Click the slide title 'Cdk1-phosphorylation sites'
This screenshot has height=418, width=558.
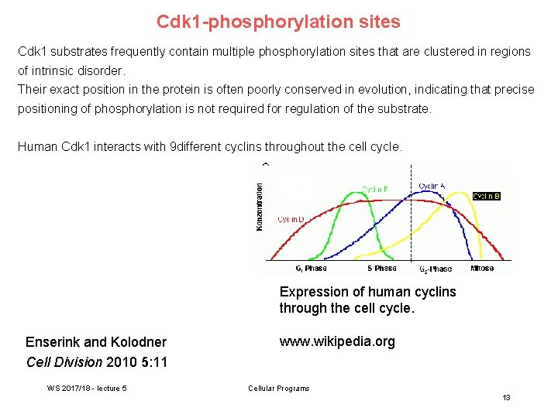coord(278,22)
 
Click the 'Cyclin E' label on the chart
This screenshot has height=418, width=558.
coord(375,190)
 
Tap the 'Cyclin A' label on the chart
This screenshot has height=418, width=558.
coord(432,186)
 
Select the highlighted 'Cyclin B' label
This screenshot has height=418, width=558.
coord(486,196)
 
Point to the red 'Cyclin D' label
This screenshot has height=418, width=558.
coord(291,220)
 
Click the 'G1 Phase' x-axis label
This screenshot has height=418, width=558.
coord(311,269)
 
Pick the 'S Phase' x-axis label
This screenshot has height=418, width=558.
coord(381,269)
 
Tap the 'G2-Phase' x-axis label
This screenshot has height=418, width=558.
coord(435,269)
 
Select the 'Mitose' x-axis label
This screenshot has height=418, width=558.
coord(481,269)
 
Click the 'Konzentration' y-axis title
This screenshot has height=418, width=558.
coord(260,206)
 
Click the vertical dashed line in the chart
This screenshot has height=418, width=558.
coord(411,232)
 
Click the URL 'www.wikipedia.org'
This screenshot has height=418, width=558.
coord(337,341)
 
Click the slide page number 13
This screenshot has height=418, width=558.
coord(506,397)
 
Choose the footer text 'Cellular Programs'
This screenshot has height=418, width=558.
coord(278,388)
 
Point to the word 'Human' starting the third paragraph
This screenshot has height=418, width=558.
coord(36,146)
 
